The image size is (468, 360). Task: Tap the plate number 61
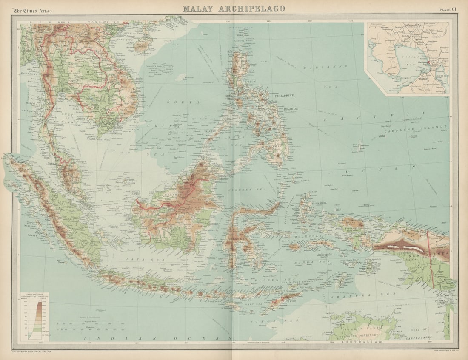448,9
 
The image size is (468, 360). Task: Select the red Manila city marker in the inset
428,62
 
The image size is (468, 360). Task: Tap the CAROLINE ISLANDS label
416,127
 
